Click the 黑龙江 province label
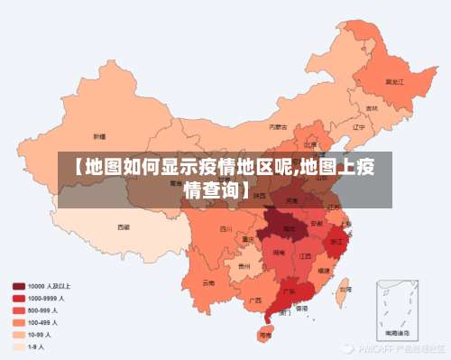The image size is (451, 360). click(x=394, y=81)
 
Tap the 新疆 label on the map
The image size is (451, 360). click(x=100, y=135)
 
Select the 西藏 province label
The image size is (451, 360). click(x=124, y=227)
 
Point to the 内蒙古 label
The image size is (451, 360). click(x=280, y=127)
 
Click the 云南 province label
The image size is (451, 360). click(x=209, y=282)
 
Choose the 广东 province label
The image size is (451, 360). click(x=289, y=291)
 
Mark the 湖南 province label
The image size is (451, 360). click(x=280, y=254)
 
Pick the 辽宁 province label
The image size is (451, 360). click(x=358, y=127)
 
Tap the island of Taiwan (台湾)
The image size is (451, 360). click(x=344, y=291)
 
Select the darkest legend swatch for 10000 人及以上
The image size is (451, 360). click(x=18, y=285)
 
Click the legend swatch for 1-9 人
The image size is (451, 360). click(x=18, y=346)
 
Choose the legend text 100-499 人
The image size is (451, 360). click(x=43, y=321)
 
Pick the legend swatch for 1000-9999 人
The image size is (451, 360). click(x=18, y=297)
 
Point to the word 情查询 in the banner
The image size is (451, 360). click(x=212, y=189)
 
